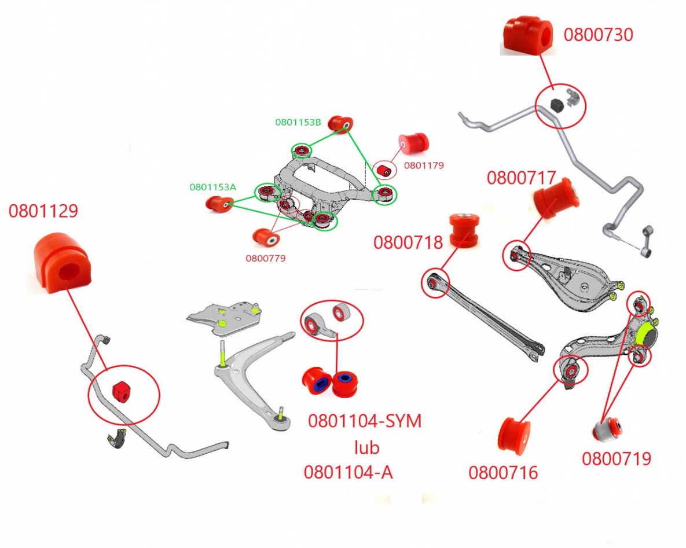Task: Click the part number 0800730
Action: click(599, 35)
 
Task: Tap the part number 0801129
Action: click(43, 212)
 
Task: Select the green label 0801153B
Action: click(298, 122)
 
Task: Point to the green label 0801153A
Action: click(212, 187)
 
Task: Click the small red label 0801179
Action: click(424, 165)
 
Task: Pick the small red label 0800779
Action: click(266, 258)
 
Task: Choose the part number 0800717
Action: click(521, 178)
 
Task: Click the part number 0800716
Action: click(503, 473)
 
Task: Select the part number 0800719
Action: click(617, 459)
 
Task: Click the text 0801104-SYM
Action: click(365, 421)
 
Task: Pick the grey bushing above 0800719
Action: click(607, 430)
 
